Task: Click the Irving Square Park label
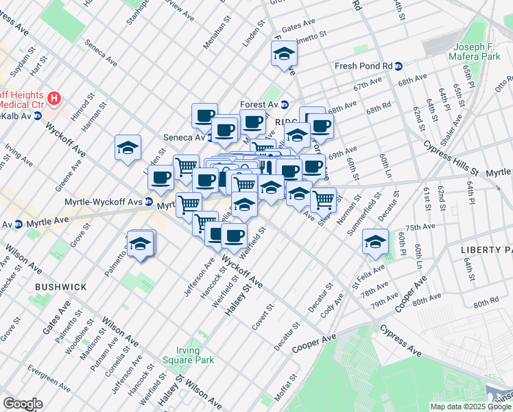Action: (x=189, y=355)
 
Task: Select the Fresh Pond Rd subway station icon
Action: (x=398, y=66)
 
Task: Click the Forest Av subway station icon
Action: (x=284, y=104)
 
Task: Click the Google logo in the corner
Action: (x=23, y=404)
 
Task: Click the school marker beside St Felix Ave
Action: (x=375, y=242)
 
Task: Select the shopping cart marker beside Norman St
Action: (x=323, y=200)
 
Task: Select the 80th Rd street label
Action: (x=484, y=303)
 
